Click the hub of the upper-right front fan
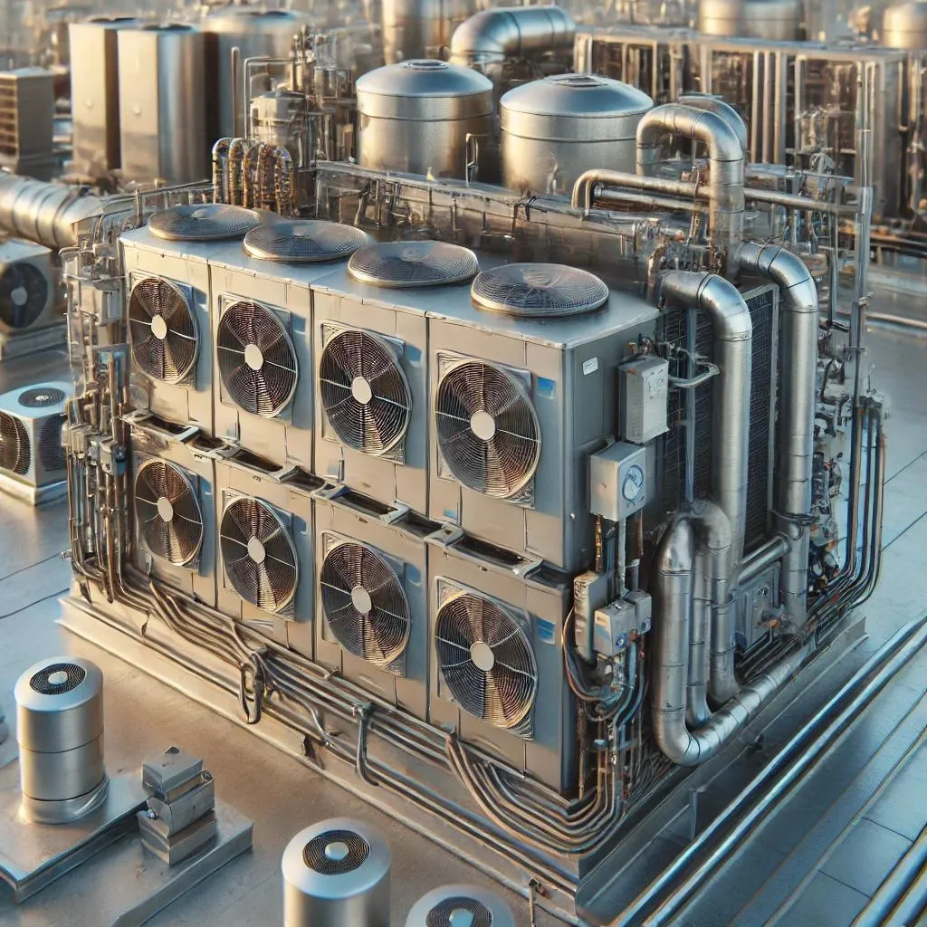point(483,425)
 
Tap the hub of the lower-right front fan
point(483,656)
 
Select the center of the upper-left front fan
point(159,327)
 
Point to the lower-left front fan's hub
point(165,509)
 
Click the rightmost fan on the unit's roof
point(540,290)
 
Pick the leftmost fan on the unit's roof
point(204,222)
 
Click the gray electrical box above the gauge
point(644,398)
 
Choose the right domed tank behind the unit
point(576,133)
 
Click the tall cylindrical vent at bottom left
point(60,738)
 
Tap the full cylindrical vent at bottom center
point(336,874)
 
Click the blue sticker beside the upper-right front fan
point(545,387)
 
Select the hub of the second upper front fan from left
point(253,357)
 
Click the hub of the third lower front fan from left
point(361,599)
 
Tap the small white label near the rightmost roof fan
point(590,365)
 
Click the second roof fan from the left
point(305,241)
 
